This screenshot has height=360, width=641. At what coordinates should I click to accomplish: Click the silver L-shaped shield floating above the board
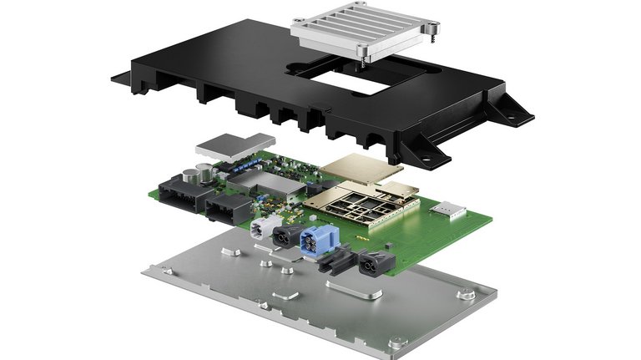click(x=235, y=145)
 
